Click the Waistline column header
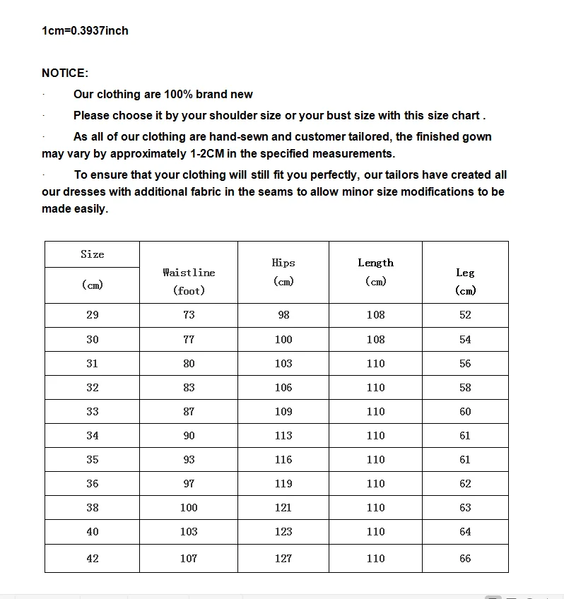189,273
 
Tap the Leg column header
465,273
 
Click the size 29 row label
93,315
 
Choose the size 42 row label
93,559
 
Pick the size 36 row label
93,484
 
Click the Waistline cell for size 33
189,412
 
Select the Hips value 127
283,559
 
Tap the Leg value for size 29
465,315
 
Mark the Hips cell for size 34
283,436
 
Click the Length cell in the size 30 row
375,340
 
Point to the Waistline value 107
189,559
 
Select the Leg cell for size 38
465,508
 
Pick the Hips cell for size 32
283,388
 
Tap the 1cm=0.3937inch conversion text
85,30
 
